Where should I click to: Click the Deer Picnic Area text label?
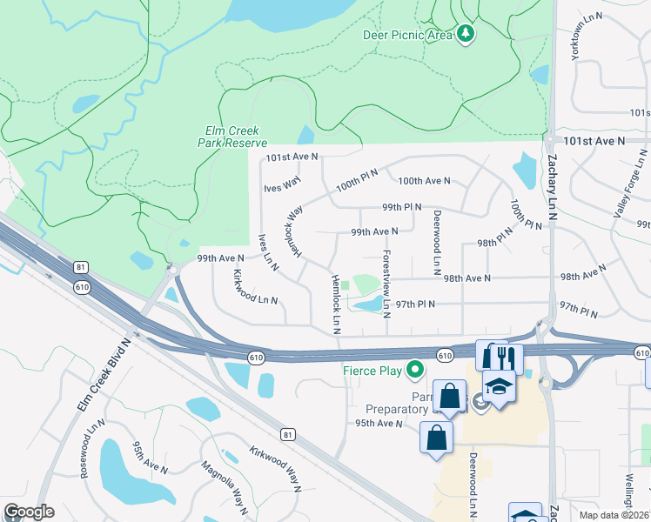tap(407, 35)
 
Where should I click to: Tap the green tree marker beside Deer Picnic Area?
tap(466, 34)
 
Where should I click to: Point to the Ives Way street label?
tap(282, 184)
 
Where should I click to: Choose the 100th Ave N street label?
tap(424, 181)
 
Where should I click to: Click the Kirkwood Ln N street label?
tap(256, 287)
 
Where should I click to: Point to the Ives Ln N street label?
tap(267, 253)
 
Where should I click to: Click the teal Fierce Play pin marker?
tap(416, 369)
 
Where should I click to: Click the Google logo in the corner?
tap(29, 512)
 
